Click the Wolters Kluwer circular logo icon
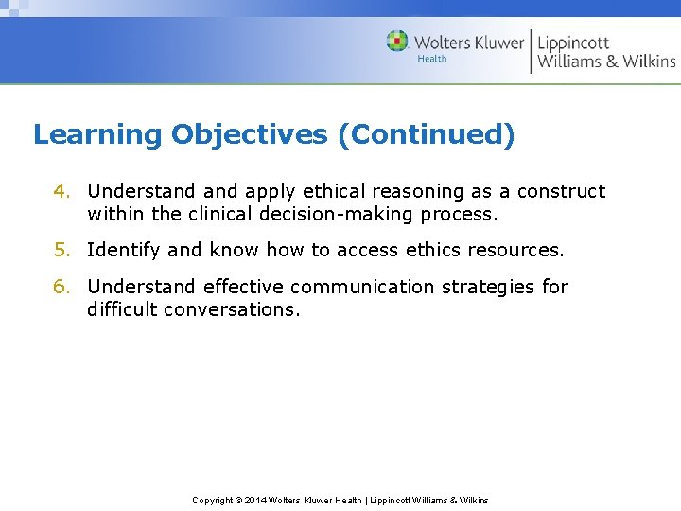click(x=397, y=42)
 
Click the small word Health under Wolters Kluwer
click(x=432, y=59)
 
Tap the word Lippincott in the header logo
click(x=573, y=42)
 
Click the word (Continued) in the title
click(x=431, y=134)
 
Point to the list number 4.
click(x=61, y=191)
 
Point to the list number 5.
click(x=61, y=250)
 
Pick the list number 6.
click(x=61, y=287)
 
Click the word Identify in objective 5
click(x=123, y=250)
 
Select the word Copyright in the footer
click(x=213, y=500)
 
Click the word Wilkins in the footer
click(x=470, y=500)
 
